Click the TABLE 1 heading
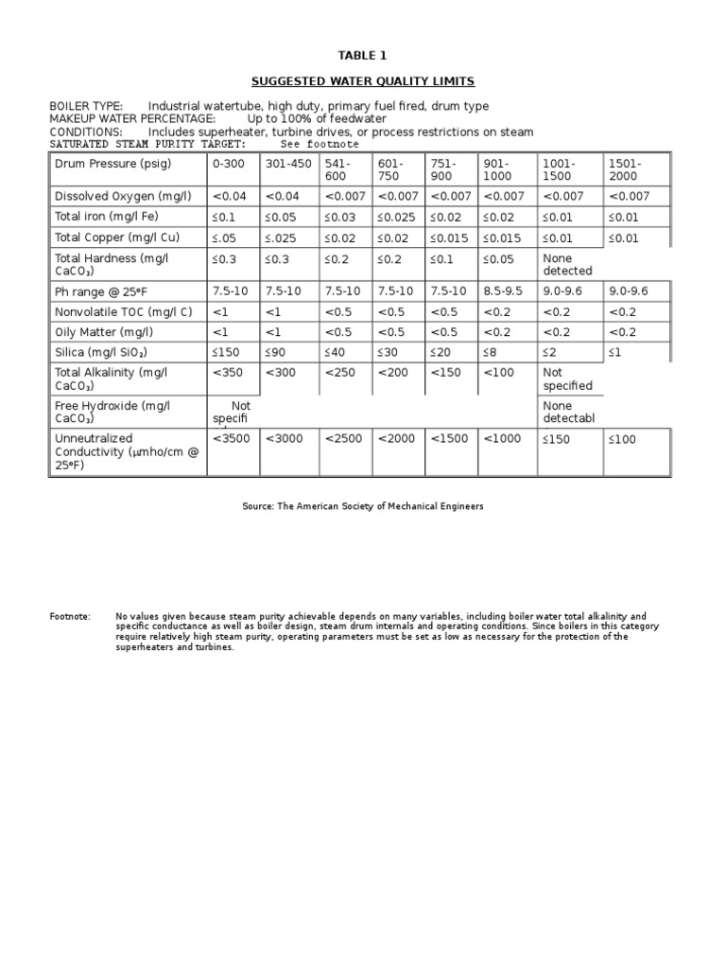coord(363,56)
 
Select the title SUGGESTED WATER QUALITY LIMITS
coord(363,81)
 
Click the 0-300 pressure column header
coord(229,164)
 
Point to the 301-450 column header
coord(288,164)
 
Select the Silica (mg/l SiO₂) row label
coord(101,352)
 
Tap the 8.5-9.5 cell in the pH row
coord(502,291)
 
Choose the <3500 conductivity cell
coord(233,439)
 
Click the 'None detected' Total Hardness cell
coord(567,264)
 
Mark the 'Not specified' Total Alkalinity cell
coord(567,379)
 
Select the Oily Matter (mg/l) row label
coord(104,332)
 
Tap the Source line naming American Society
coord(363,506)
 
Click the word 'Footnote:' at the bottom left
coord(70,616)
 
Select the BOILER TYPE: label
coord(86,106)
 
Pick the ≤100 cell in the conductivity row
coord(623,439)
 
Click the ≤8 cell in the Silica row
coord(491,352)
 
